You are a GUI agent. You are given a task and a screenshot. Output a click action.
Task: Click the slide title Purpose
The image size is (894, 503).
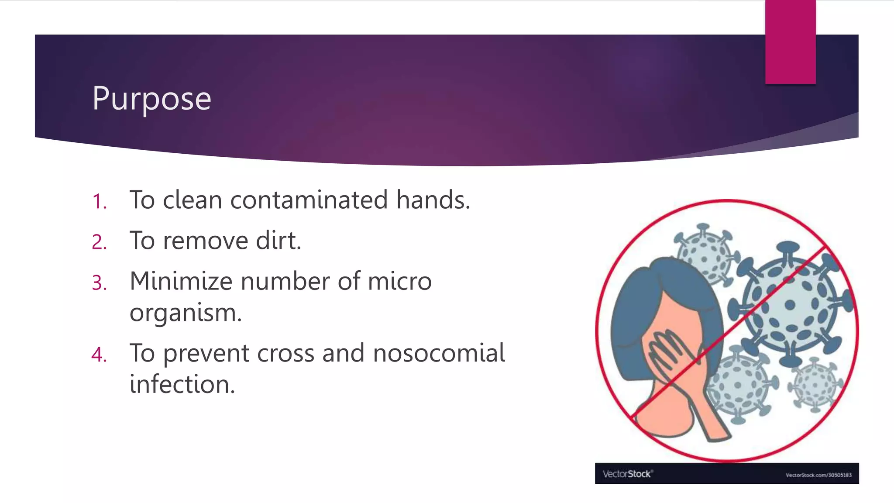[151, 99]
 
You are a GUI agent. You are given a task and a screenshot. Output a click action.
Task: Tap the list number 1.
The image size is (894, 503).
[100, 202]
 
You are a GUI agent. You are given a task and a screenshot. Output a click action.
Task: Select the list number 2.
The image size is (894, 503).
[100, 242]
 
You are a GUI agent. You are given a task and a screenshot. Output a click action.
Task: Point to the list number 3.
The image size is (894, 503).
[100, 283]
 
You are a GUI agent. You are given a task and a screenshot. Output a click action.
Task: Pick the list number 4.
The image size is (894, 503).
[100, 355]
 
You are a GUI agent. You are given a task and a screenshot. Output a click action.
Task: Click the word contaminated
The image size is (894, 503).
[309, 200]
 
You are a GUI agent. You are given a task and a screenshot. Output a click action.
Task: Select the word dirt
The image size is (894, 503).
[278, 241]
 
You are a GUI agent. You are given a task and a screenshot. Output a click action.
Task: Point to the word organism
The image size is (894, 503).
[185, 313]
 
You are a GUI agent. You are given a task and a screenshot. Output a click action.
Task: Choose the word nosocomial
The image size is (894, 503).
[439, 353]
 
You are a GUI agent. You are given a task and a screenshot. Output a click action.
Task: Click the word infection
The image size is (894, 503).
[182, 385]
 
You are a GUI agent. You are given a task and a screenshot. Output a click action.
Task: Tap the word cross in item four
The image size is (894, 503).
[285, 353]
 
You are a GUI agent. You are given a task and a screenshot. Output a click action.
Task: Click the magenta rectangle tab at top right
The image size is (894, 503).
[790, 41]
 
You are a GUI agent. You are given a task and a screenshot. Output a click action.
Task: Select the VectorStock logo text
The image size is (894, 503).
[627, 474]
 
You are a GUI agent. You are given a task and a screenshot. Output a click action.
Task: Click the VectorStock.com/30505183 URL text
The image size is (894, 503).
[818, 475]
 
